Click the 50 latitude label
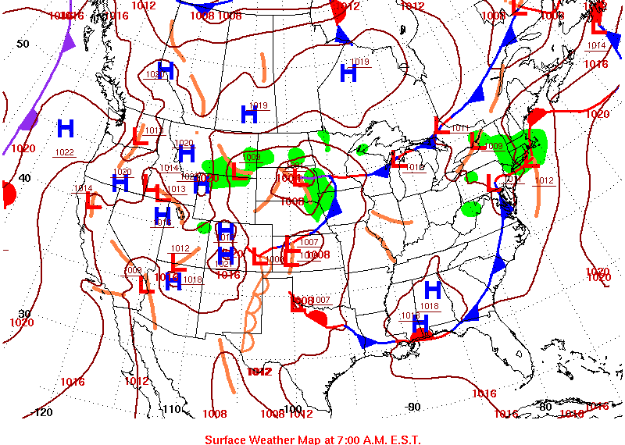click(x=23, y=44)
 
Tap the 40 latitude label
click(x=24, y=178)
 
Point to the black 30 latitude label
click(x=24, y=313)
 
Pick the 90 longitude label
click(x=413, y=407)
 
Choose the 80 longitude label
click(x=545, y=407)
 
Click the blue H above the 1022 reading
click(x=65, y=128)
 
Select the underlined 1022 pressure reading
click(x=64, y=152)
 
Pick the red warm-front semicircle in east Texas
click(x=319, y=319)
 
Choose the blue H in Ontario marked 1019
click(x=348, y=73)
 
